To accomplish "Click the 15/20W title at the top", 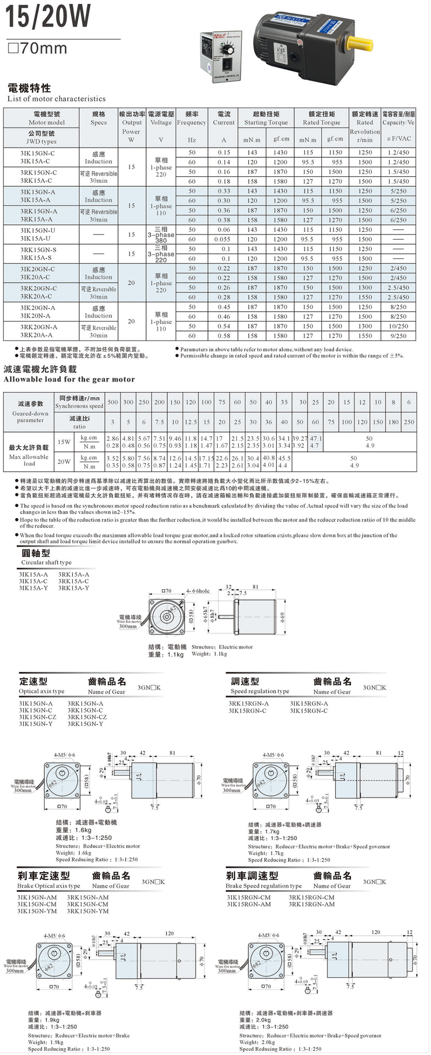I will point(48,16).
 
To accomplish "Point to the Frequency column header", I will point(191,123).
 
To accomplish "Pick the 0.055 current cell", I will point(223,239).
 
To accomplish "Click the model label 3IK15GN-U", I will point(38,230).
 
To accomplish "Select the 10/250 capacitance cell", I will point(398,326).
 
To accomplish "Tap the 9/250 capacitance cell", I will point(398,336).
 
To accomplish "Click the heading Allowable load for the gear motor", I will point(69,379).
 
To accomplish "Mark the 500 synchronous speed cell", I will point(113,402).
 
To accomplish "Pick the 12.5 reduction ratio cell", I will point(190,422).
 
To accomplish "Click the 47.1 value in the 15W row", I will point(316,438).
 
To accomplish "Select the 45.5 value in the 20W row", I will point(284,458).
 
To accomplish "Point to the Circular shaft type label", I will point(46,562).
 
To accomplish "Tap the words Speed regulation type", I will point(259,691).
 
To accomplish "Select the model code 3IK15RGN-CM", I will point(249,897).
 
